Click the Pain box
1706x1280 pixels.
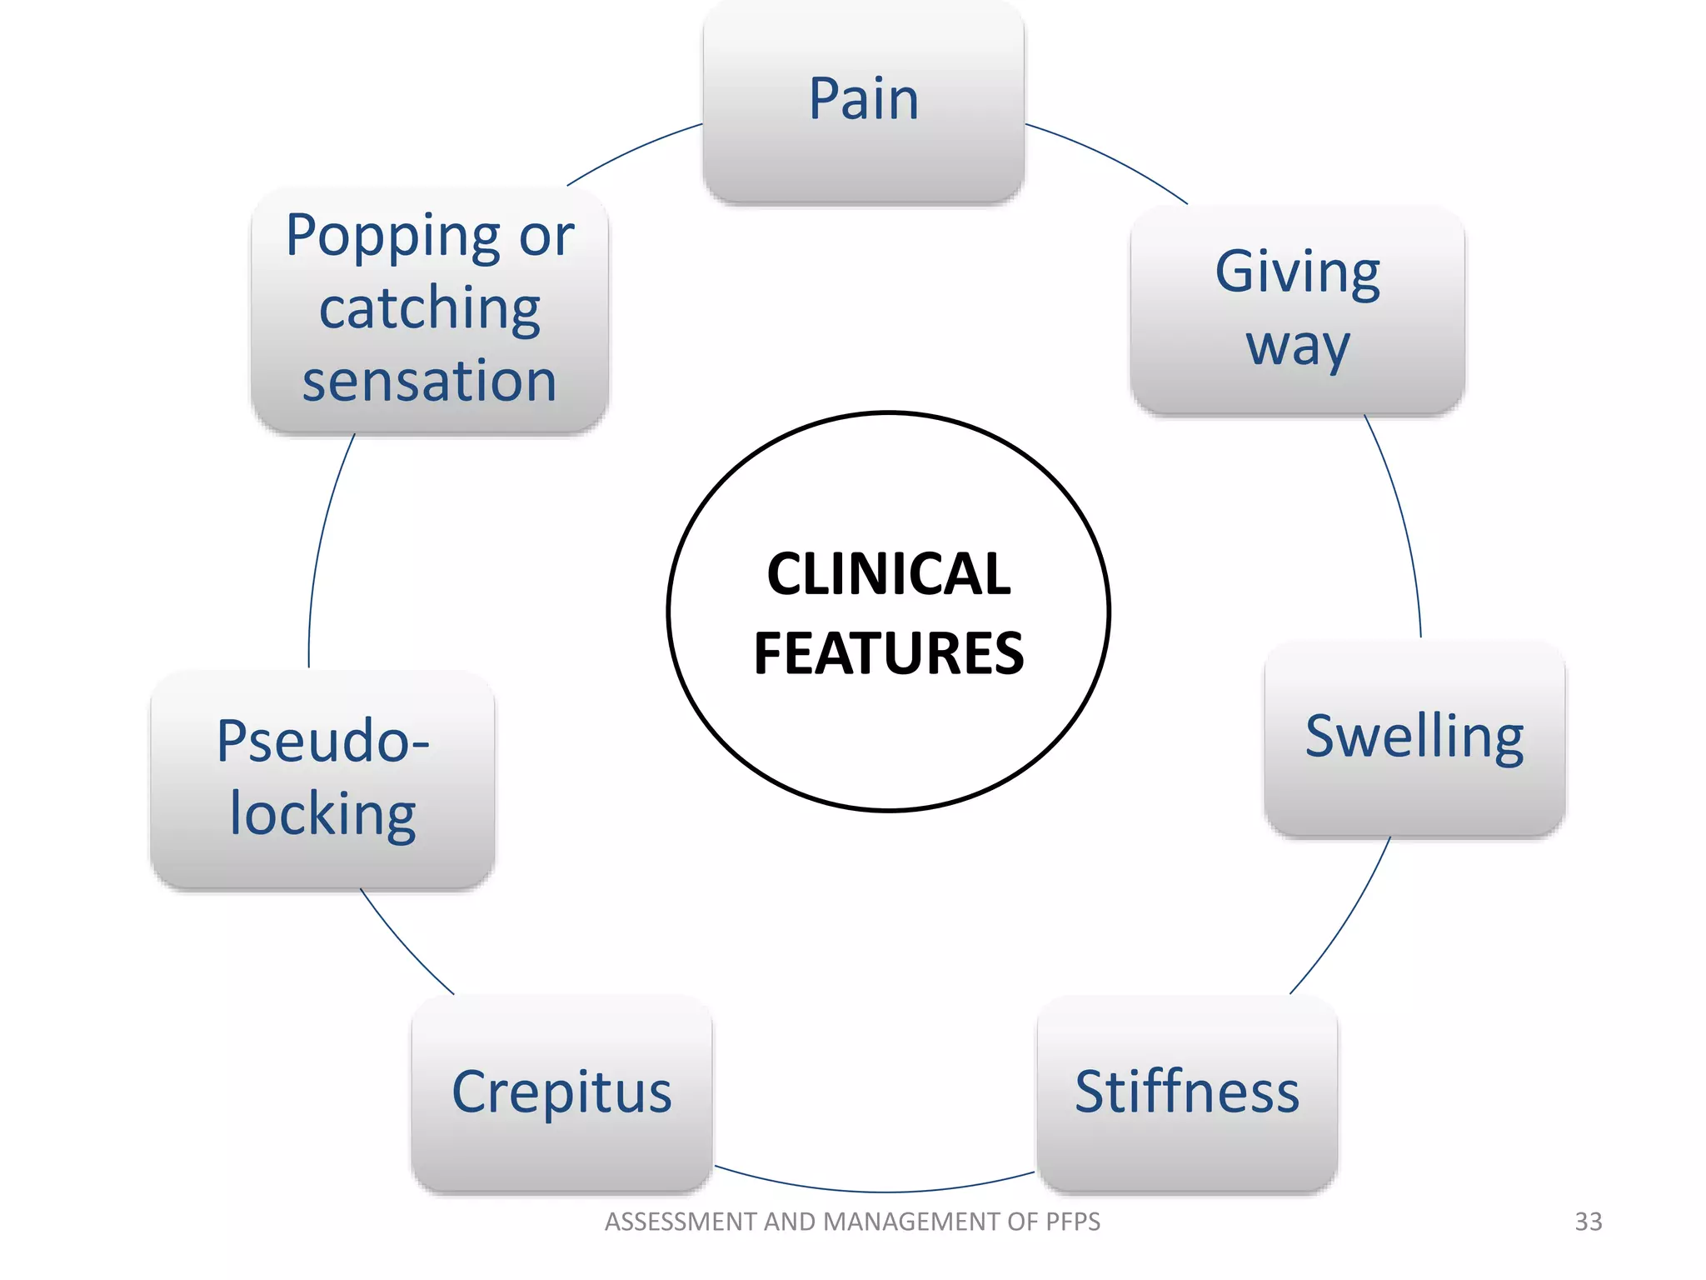pyautogui.click(x=864, y=100)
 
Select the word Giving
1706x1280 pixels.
pyautogui.click(x=1297, y=273)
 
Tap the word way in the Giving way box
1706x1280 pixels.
pyautogui.click(x=1297, y=346)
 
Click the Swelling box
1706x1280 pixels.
pyautogui.click(x=1414, y=737)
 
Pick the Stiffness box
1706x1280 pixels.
pyautogui.click(x=1186, y=1092)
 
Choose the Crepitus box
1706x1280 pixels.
pyautogui.click(x=561, y=1092)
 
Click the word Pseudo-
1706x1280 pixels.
pyautogui.click(x=322, y=741)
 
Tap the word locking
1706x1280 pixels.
pyautogui.click(x=322, y=814)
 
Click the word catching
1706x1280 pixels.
pyautogui.click(x=429, y=309)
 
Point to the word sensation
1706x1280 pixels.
pyautogui.click(x=429, y=382)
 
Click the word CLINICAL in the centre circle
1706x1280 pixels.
pyautogui.click(x=888, y=574)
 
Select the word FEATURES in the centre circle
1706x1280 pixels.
pyautogui.click(x=888, y=653)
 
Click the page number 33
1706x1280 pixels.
pyautogui.click(x=1588, y=1222)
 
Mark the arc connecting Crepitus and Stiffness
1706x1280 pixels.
pyautogui.click(x=875, y=1192)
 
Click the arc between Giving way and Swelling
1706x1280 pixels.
pyautogui.click(x=1404, y=525)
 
